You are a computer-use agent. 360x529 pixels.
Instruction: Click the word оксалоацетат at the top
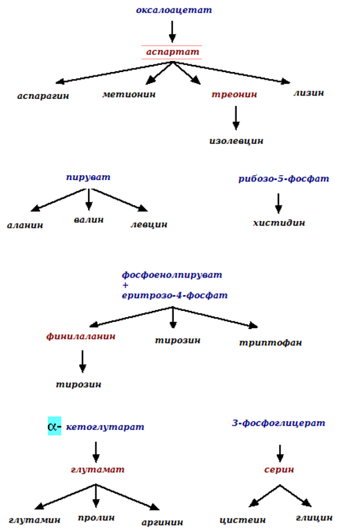[x=174, y=10]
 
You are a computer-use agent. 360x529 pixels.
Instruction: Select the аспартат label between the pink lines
[x=172, y=52]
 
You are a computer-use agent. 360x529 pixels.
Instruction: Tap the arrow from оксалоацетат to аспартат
[x=172, y=32]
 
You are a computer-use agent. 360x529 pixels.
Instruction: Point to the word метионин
[x=129, y=94]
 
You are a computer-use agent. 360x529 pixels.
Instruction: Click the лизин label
[x=308, y=93]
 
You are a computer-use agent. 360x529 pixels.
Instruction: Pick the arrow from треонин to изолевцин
[x=236, y=118]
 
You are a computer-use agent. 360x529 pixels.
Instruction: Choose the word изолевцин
[x=236, y=141]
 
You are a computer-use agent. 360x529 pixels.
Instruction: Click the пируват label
[x=88, y=177]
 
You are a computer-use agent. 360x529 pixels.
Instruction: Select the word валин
[x=89, y=219]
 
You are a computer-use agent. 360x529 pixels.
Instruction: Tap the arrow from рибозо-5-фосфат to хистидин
[x=278, y=204]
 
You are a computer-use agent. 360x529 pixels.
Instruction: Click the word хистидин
[x=279, y=223]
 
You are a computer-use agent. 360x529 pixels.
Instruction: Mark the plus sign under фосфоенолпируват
[x=125, y=285]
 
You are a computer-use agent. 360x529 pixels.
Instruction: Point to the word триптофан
[x=270, y=343]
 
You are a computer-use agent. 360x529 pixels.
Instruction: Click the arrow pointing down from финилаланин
[x=82, y=361]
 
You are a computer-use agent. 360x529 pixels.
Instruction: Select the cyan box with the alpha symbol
[x=54, y=426]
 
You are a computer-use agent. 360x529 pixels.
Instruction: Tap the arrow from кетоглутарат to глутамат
[x=96, y=452]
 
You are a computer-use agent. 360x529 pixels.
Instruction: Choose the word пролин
[x=96, y=517]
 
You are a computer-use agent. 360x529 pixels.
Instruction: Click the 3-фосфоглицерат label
[x=278, y=423]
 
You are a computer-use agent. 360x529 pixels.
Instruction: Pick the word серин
[x=279, y=469]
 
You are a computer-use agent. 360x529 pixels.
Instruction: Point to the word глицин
[x=314, y=517]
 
